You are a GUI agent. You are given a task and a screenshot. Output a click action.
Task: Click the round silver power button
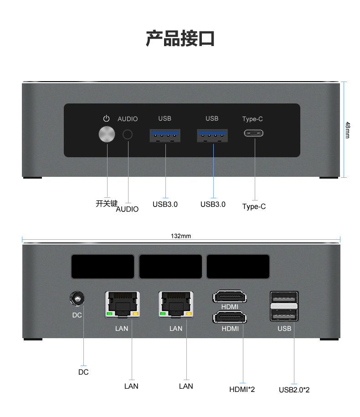107,134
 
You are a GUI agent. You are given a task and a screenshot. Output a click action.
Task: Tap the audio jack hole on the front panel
128,134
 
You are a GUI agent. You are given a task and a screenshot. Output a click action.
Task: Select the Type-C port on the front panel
254,133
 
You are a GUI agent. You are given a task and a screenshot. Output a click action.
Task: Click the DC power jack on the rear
77,299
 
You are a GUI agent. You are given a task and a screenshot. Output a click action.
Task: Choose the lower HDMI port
230,318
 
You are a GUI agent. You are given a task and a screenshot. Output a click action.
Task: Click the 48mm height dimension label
348,130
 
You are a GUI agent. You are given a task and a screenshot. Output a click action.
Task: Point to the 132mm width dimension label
181,236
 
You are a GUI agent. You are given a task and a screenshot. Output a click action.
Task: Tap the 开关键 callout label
107,203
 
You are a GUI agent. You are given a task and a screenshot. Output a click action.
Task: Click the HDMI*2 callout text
242,389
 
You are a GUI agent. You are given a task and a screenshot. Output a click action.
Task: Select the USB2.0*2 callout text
294,390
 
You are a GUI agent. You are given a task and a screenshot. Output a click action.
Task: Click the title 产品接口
180,39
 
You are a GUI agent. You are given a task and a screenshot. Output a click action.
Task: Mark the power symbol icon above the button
106,118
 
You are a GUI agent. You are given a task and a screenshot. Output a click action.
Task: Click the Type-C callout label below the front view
254,206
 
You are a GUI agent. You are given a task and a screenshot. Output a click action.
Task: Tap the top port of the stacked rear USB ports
284,297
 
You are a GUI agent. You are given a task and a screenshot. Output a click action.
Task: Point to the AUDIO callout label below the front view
127,209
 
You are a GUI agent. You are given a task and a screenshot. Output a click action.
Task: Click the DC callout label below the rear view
83,372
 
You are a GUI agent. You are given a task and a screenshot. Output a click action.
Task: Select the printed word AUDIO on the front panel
128,119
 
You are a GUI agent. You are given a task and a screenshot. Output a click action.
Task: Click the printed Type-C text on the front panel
252,119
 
